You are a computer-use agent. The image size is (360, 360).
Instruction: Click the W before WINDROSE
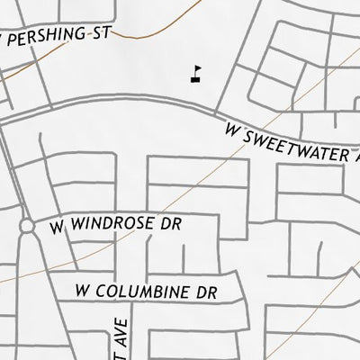click(x=58, y=227)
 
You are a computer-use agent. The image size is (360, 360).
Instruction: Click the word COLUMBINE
click(x=144, y=292)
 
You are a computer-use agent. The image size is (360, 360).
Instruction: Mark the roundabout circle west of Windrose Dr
click(x=27, y=226)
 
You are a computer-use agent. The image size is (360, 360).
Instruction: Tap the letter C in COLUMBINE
click(x=105, y=292)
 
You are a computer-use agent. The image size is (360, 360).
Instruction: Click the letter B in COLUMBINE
click(x=153, y=292)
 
